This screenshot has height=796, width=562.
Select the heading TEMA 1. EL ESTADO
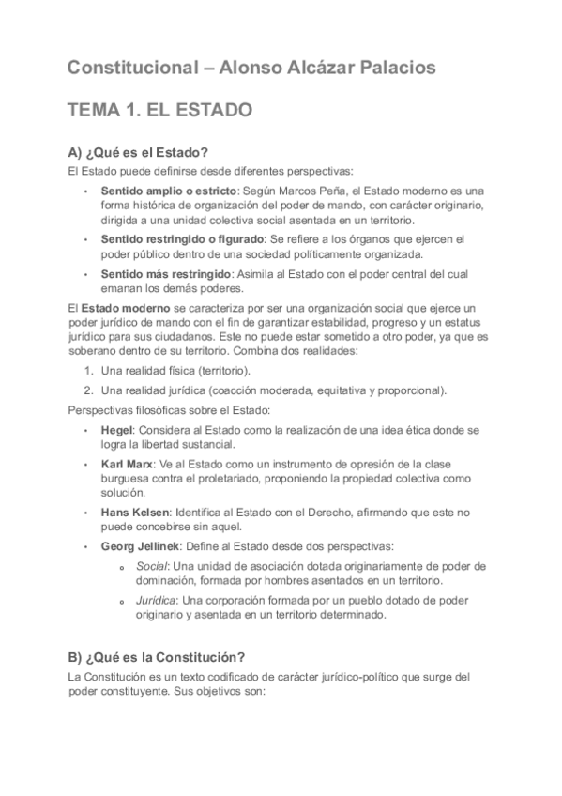(159, 112)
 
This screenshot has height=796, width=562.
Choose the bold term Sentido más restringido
(155, 273)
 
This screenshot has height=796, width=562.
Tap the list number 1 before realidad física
(87, 371)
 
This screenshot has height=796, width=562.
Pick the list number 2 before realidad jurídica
(87, 390)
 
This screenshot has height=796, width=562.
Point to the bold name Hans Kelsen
(135, 512)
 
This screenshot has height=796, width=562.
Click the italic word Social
(151, 566)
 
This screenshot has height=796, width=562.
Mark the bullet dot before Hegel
(85, 429)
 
